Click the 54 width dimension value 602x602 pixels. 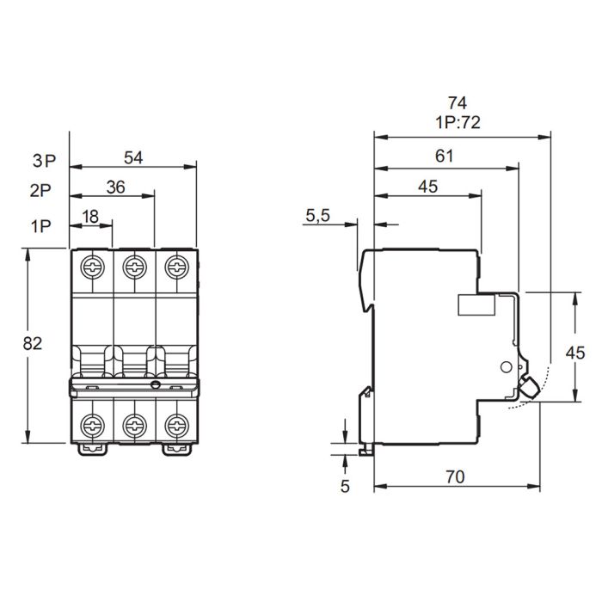pos(133,157)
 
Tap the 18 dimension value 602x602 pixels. pos(90,217)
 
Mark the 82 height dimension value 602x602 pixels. pos(33,343)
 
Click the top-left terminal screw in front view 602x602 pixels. pos(90,265)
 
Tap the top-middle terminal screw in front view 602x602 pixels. pos(133,265)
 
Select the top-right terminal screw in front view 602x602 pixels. pos(176,265)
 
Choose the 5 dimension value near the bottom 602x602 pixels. pos(346,486)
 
